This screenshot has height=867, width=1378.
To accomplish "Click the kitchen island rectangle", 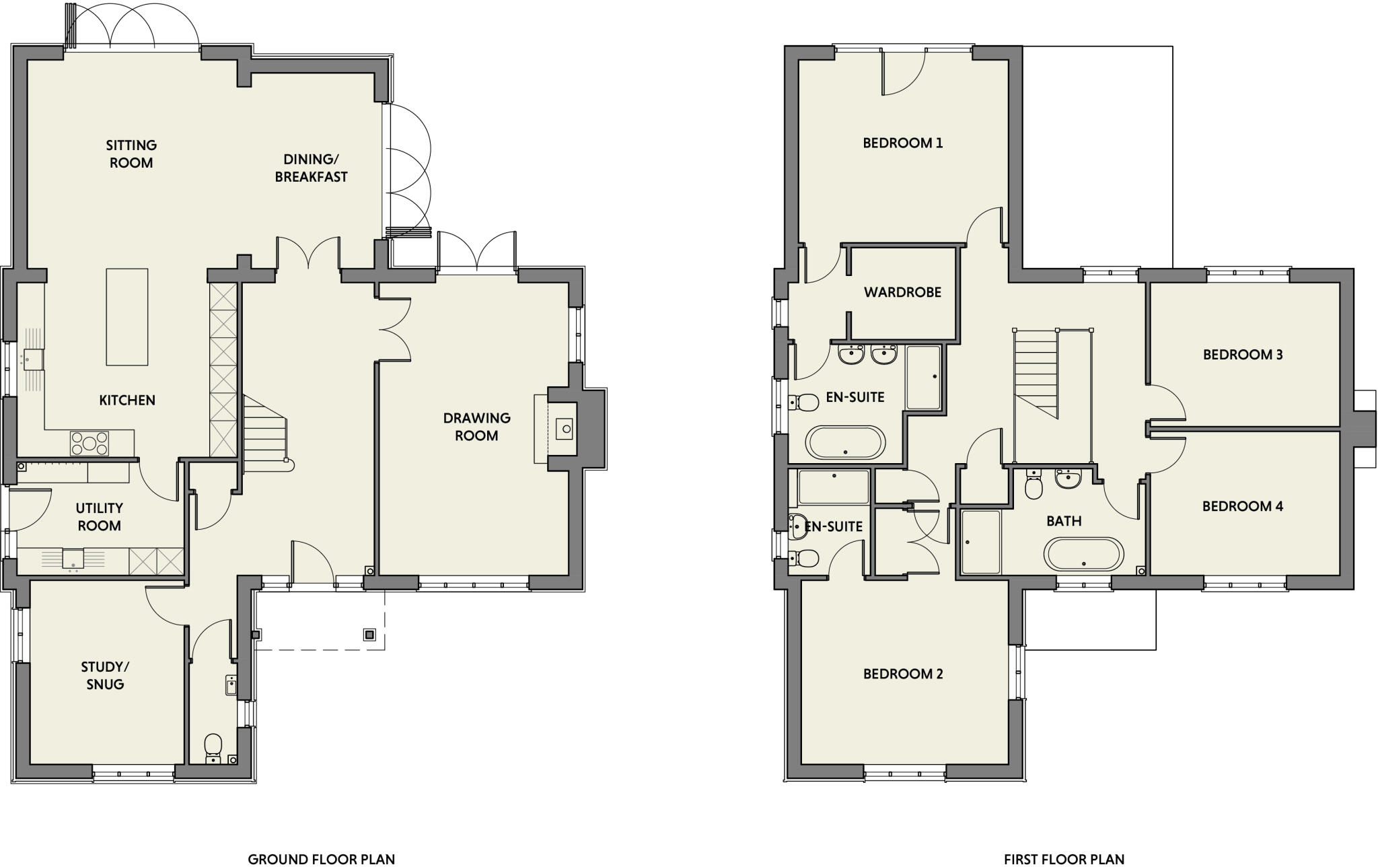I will click(127, 316).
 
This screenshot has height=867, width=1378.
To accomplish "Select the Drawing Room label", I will click(476, 427).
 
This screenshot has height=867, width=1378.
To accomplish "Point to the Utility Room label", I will click(99, 517).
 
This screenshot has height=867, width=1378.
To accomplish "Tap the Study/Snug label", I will click(105, 675).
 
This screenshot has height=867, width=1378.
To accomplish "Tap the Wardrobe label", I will click(902, 292).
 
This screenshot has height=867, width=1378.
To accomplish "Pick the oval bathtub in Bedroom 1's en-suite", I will click(846, 442).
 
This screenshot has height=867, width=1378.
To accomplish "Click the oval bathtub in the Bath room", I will click(1083, 555).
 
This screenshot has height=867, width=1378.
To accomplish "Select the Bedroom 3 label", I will click(1242, 354).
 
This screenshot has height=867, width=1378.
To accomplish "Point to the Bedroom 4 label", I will click(1242, 506).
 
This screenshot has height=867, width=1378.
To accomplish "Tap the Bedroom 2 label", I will click(903, 674).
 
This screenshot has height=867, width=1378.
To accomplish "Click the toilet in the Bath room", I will click(1034, 487).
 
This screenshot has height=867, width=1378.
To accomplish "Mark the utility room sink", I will click(73, 558).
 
